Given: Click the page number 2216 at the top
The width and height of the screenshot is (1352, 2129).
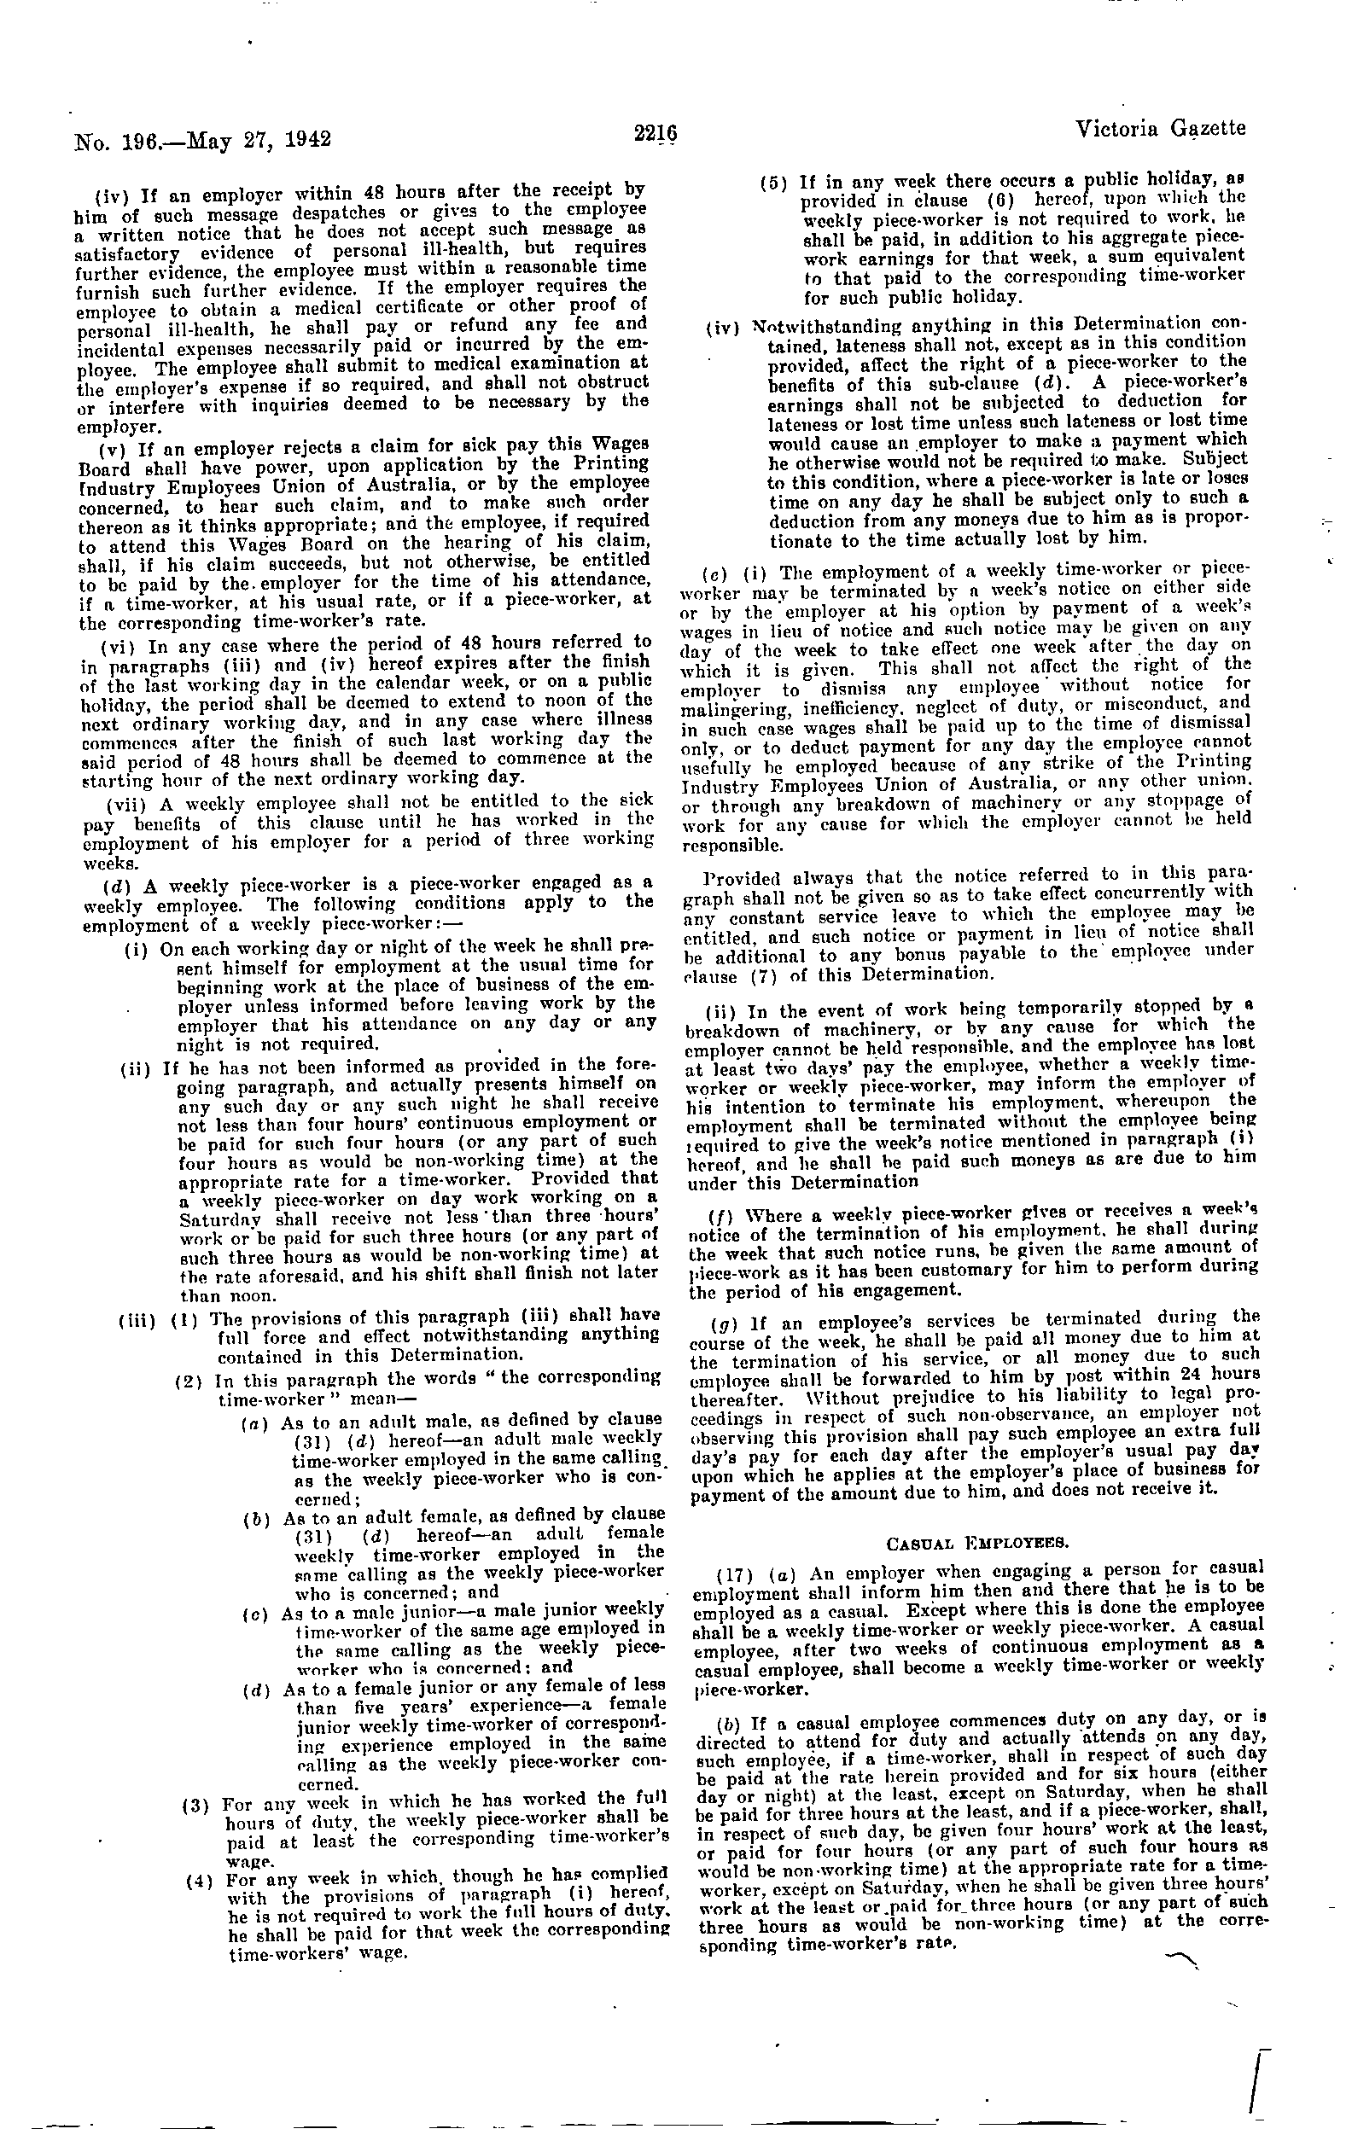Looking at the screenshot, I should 656,133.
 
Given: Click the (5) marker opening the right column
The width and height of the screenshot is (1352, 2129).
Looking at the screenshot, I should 776,182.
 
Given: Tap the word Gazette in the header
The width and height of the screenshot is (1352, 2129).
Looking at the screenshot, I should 1209,129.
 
